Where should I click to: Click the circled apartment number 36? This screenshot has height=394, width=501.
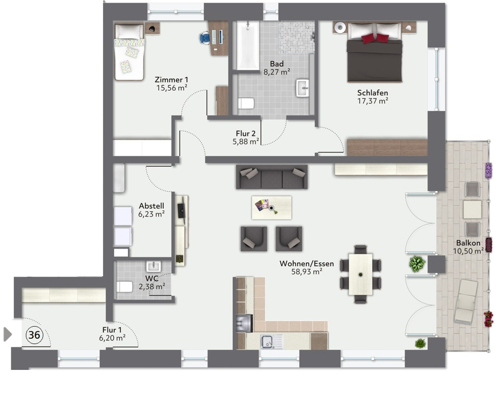[34, 335]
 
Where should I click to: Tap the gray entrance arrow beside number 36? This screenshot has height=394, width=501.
[8, 334]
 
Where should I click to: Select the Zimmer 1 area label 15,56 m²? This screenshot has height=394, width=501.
[171, 88]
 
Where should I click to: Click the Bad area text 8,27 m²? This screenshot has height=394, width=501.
[277, 72]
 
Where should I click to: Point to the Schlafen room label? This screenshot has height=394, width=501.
[372, 93]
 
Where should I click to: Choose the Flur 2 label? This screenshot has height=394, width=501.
[245, 134]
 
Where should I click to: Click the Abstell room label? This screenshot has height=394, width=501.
[151, 206]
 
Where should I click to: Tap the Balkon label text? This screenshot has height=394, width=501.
[468, 243]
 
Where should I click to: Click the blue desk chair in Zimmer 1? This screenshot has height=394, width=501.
[205, 38]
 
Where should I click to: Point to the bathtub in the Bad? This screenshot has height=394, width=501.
[247, 45]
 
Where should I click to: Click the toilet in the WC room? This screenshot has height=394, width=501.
[124, 287]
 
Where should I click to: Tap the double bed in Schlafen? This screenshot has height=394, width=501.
[375, 55]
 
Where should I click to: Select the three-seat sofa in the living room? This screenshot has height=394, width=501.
[272, 177]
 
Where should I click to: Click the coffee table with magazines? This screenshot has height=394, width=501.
[271, 207]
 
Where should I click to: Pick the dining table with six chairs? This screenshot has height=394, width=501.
[360, 274]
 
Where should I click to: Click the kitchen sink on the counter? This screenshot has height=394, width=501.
[271, 341]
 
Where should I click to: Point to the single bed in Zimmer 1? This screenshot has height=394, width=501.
[129, 53]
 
